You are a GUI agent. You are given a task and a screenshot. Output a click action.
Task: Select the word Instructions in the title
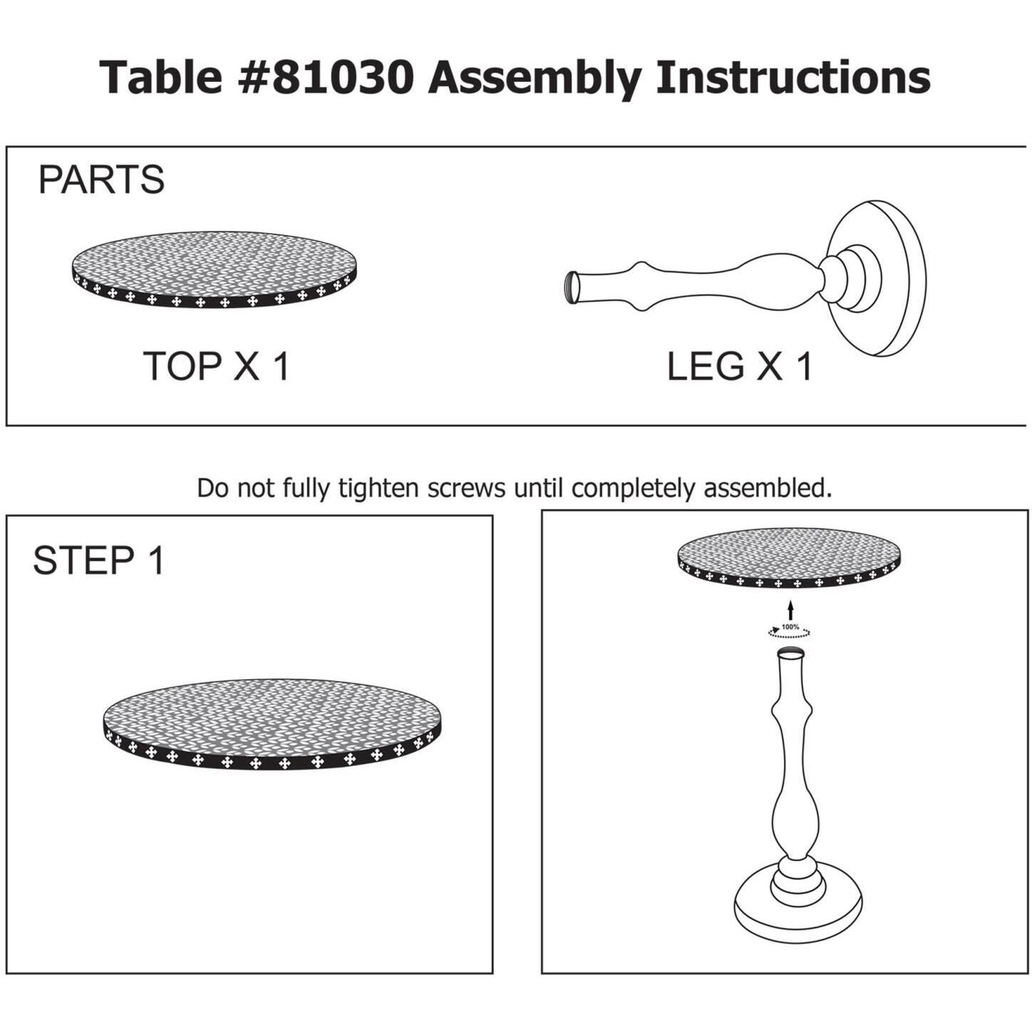coord(794,77)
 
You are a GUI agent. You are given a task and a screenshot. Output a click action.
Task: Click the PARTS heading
coord(101,180)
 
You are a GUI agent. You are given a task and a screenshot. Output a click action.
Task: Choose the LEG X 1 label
coord(740,367)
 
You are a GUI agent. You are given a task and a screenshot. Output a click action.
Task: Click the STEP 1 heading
coord(99,561)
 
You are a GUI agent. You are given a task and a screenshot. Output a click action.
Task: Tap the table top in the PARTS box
coord(215,270)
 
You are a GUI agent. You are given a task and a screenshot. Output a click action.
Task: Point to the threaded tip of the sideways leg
coord(572,287)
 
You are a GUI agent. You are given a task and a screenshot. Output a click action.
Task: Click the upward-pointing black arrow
coord(792,610)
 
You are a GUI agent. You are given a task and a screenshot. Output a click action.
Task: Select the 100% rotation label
coord(790,626)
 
